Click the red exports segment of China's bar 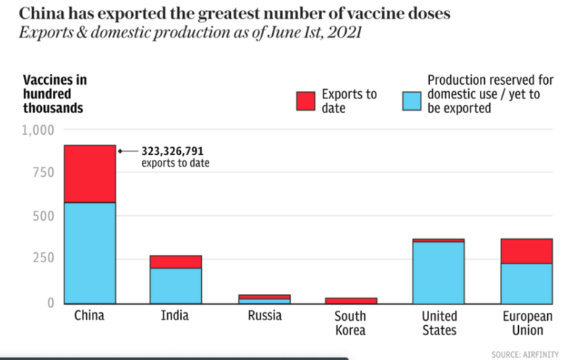(x=90, y=174)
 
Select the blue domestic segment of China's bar (x=90, y=252)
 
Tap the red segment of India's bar (x=176, y=261)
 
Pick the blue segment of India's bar (x=176, y=285)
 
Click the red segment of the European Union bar (x=526, y=251)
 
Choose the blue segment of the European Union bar (x=526, y=283)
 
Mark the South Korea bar (x=351, y=300)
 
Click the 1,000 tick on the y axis (x=38, y=130)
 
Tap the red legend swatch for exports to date (x=305, y=101)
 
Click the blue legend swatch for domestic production (x=411, y=101)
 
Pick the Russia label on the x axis (x=265, y=316)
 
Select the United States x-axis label (x=438, y=323)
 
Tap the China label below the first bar (x=90, y=316)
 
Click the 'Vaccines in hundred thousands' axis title (x=55, y=94)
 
